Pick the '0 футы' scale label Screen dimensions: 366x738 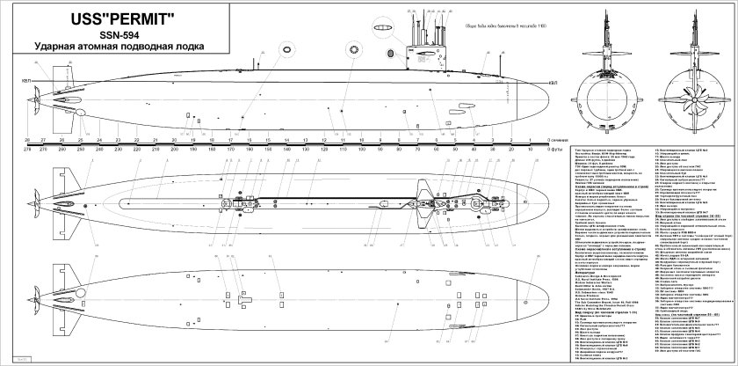click(555, 150)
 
